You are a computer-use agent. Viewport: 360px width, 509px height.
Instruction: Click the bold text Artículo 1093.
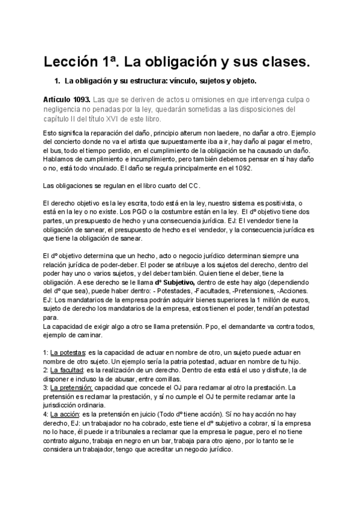coord(67,98)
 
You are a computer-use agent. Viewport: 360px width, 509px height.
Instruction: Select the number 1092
coord(245,169)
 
